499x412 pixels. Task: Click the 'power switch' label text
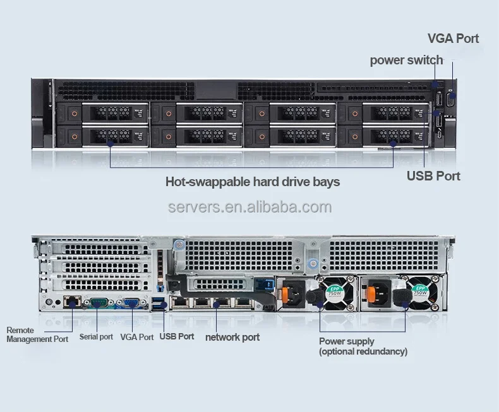[x=406, y=61]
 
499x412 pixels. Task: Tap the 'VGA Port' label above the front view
[x=453, y=38]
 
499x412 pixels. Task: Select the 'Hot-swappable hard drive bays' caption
[x=253, y=182]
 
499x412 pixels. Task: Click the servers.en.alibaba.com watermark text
[x=249, y=208]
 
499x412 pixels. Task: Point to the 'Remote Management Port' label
[x=37, y=334]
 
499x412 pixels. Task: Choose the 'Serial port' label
[x=96, y=337]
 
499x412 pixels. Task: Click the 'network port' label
[x=232, y=337]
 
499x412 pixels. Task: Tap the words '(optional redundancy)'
[x=363, y=351]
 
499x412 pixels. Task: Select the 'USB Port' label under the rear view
[x=177, y=336]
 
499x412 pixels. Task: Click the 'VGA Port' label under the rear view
[x=137, y=337]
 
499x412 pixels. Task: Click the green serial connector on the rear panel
[x=99, y=303]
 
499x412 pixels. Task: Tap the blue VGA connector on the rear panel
[x=131, y=303]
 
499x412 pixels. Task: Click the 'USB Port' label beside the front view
[x=433, y=175]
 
